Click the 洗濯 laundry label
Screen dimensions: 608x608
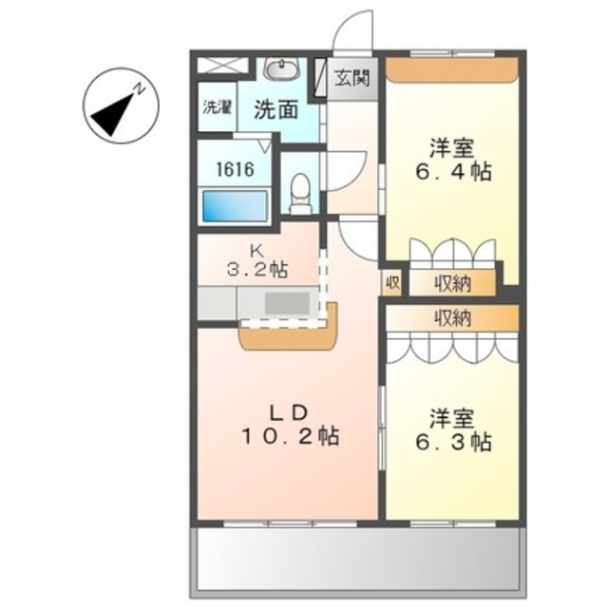pos(217,106)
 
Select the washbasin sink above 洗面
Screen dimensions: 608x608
pos(280,70)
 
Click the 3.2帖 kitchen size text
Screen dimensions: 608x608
pos(256,270)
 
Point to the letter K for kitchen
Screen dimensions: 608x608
pos(255,251)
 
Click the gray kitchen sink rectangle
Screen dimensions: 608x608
pos(286,303)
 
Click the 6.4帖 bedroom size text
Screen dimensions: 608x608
pos(452,173)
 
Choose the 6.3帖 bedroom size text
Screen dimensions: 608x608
pos(452,442)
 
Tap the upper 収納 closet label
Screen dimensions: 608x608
pos(454,282)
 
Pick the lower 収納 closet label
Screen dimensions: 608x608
pos(454,318)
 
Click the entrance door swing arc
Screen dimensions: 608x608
pos(353,28)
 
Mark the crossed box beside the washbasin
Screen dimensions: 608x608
pos(225,67)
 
